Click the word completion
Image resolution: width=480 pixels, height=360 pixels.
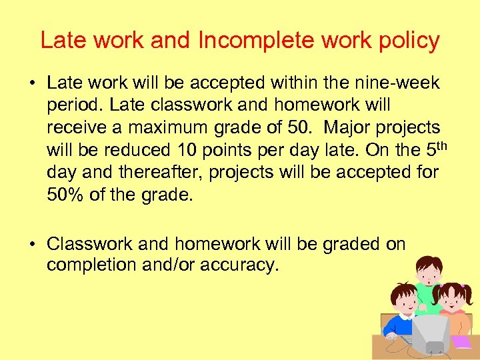(92, 265)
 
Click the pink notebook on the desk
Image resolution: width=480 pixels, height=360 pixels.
(461, 342)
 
